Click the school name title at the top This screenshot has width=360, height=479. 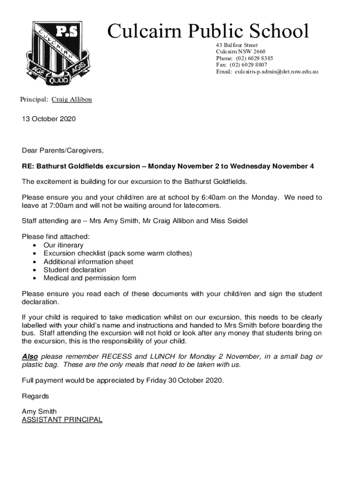point(208,31)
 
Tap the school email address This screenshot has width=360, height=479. point(276,72)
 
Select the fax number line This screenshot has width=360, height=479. point(241,65)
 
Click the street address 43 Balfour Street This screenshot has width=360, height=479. point(237,45)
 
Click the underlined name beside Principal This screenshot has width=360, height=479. point(72,100)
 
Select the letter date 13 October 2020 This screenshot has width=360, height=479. point(49,119)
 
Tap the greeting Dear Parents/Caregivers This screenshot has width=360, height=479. point(63,151)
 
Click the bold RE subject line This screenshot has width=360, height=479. point(168,166)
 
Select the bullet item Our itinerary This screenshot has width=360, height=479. point(63,245)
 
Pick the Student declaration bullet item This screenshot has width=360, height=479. point(75,270)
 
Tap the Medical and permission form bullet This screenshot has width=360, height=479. point(90,278)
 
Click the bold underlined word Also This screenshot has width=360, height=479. point(30,356)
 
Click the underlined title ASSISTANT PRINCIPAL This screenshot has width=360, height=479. point(62,420)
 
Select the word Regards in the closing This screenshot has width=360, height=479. point(36,396)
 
